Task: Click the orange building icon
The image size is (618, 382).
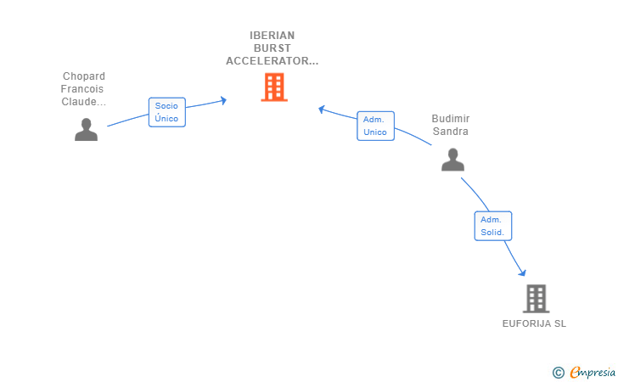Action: (x=273, y=87)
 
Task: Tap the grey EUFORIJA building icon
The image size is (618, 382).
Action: (x=536, y=298)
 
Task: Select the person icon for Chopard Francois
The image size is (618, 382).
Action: (x=86, y=129)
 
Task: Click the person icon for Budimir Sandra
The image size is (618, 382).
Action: (x=452, y=160)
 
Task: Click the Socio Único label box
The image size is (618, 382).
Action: (x=166, y=112)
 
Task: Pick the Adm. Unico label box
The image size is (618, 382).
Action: (x=374, y=126)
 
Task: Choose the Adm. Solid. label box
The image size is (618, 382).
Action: (x=492, y=226)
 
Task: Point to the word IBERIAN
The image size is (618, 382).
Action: (x=272, y=36)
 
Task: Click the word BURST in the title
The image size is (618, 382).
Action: (x=272, y=48)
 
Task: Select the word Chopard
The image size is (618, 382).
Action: (x=83, y=76)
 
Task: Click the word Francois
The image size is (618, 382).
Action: (x=83, y=89)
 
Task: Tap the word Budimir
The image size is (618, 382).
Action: (x=450, y=119)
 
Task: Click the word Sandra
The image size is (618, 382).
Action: (x=450, y=132)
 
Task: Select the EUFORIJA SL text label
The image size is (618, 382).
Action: (x=534, y=323)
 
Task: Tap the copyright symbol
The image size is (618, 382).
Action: (x=558, y=372)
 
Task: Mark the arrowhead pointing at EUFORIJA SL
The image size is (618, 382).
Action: (x=523, y=272)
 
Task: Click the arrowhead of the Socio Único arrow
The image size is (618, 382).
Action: (x=223, y=100)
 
